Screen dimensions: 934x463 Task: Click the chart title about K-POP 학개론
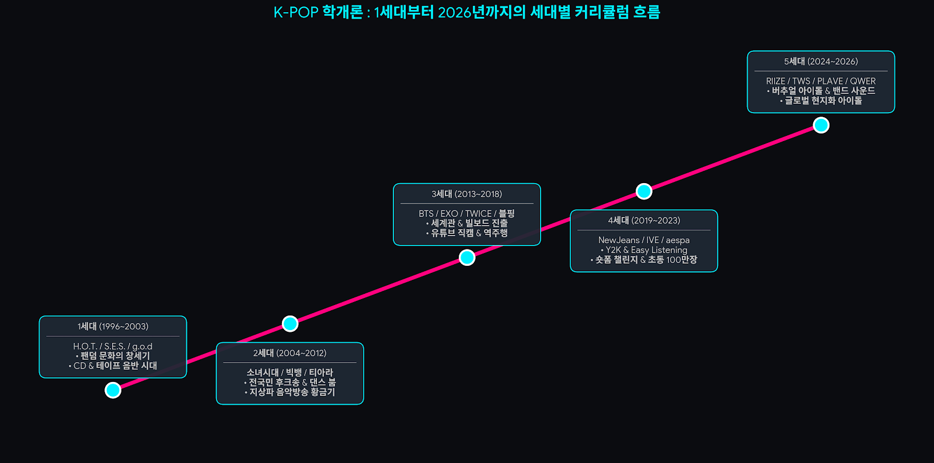coord(466,12)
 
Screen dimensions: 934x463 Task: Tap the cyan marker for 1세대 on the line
coord(113,390)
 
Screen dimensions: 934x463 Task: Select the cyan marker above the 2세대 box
coord(290,324)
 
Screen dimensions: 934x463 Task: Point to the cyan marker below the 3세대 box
coord(467,258)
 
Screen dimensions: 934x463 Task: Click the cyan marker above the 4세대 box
coord(644,191)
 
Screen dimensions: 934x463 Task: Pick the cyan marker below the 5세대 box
coord(821,125)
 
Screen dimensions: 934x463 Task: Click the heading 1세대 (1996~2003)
coord(113,327)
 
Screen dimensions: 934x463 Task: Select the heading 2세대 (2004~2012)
coord(290,353)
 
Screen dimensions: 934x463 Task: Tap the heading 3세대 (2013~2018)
coord(467,194)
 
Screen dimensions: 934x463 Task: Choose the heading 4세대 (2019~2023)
coord(644,220)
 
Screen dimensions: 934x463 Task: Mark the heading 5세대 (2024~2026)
coord(821,62)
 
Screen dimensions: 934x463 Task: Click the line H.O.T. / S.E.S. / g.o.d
coord(113,346)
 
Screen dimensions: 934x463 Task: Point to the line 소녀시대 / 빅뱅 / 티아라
coord(290,373)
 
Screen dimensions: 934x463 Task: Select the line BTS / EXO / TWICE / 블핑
coord(467,213)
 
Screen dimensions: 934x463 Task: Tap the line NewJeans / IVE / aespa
coord(644,240)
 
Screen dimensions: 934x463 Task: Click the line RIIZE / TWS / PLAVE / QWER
coord(821,81)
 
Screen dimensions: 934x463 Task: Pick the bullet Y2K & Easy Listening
coord(644,250)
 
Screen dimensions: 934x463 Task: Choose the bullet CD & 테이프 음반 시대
coord(113,366)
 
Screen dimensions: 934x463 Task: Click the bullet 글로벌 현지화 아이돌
coord(821,101)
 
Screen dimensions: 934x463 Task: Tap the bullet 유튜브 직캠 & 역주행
coord(467,233)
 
